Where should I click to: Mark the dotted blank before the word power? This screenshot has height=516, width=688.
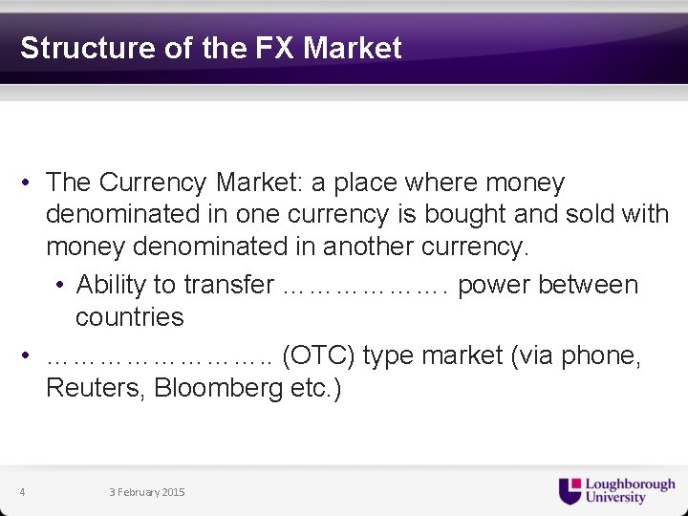click(366, 285)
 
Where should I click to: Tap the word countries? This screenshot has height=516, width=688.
click(129, 316)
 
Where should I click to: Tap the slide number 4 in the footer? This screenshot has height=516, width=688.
click(22, 492)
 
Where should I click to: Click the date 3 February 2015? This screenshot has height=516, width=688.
click(147, 492)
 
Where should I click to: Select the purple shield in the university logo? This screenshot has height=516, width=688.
click(570, 490)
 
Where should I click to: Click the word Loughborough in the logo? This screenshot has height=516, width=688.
click(630, 484)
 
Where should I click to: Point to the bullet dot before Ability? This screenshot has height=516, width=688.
click(60, 286)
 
